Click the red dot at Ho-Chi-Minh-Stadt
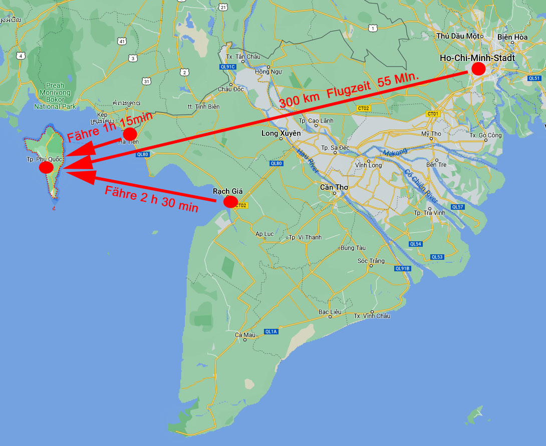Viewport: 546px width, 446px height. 478,69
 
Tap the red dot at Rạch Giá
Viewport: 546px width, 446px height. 230,202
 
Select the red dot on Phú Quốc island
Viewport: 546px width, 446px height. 46,167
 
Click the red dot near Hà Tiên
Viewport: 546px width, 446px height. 130,134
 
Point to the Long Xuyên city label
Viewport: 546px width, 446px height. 281,134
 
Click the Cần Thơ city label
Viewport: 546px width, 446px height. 334,187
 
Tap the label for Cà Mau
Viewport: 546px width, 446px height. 245,335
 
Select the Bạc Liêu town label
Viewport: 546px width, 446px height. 330,312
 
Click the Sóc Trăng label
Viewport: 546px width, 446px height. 371,261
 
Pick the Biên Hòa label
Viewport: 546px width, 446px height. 512,37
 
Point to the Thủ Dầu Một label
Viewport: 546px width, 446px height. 458,36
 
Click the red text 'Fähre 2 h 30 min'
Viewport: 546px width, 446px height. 151,199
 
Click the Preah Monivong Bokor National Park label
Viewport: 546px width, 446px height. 55,96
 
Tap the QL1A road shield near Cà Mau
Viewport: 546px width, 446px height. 271,331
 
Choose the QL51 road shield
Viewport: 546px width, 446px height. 534,78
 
